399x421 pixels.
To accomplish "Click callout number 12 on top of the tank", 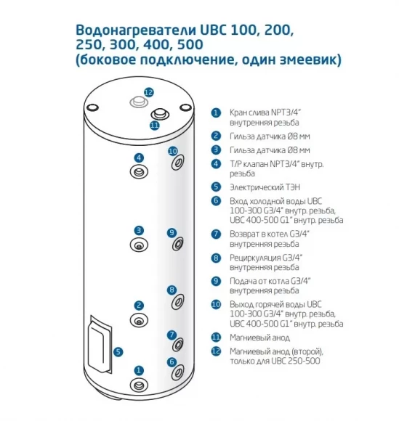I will click(148, 92).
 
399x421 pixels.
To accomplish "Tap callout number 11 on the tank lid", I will click(154, 125).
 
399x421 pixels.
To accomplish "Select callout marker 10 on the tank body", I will click(173, 151).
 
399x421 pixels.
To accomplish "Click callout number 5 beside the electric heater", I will click(118, 351).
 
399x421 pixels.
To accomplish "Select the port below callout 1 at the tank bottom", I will click(139, 385).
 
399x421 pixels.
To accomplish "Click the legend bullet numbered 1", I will click(216, 113).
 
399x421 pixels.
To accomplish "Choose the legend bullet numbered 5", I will click(216, 186).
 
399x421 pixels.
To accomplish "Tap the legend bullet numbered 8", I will click(216, 258).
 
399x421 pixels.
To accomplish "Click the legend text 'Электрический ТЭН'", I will click(263, 186).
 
